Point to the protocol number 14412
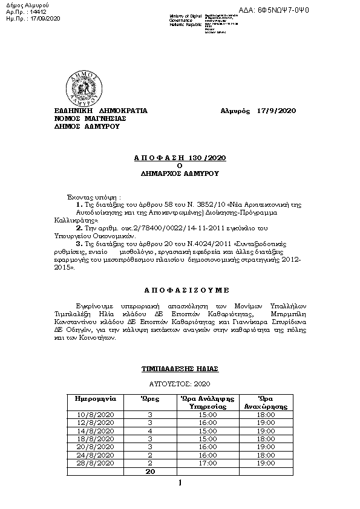point(37,12)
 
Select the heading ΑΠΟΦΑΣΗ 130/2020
point(179,157)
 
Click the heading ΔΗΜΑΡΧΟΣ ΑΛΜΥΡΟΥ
point(180,173)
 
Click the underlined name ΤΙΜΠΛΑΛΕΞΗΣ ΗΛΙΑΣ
point(180,368)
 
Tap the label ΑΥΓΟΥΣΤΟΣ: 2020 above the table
point(180,384)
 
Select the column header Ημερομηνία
point(95,399)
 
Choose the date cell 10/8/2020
point(95,415)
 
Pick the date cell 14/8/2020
point(95,431)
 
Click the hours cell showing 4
point(150,431)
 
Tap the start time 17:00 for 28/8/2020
point(208,462)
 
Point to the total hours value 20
point(150,470)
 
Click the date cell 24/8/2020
point(95,455)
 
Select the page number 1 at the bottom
point(180,483)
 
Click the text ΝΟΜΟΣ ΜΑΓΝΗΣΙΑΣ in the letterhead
point(90,119)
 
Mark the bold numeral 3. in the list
point(79,242)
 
